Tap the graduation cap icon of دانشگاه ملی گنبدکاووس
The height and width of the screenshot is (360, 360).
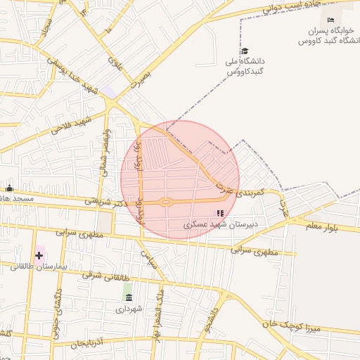click(x=245, y=51)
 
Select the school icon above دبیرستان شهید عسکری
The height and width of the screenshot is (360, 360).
click(x=220, y=213)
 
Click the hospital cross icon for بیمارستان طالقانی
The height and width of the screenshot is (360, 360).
click(x=39, y=255)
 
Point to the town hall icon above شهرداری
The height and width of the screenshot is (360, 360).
click(x=128, y=297)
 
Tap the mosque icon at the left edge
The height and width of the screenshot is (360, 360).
click(x=9, y=188)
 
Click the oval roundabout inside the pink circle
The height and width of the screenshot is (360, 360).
click(x=166, y=202)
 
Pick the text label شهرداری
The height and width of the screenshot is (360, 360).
click(x=129, y=309)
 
